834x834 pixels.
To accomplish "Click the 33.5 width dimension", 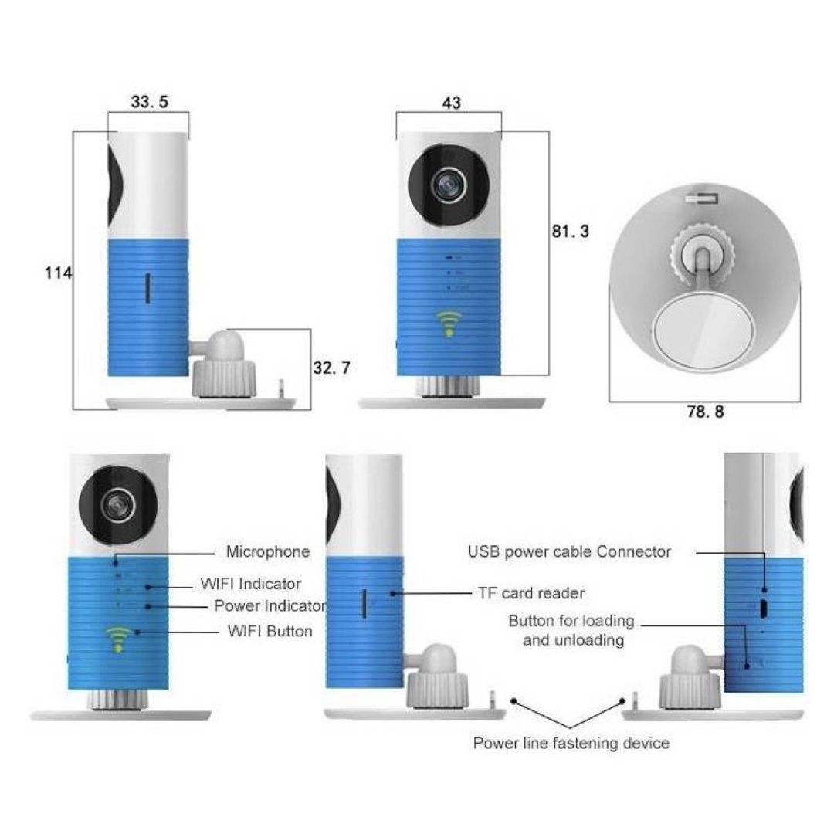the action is click(x=150, y=101).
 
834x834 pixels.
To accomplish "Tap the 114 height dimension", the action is click(x=58, y=273).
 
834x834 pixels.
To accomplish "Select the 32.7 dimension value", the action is click(x=331, y=368).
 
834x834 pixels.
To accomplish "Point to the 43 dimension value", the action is click(x=451, y=103).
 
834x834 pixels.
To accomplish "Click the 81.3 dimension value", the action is click(x=570, y=231).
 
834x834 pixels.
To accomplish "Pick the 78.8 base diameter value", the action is click(x=705, y=411).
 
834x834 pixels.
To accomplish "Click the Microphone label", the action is click(x=267, y=551).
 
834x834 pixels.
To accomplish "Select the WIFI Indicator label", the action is click(x=250, y=584).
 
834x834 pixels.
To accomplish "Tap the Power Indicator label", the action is click(x=270, y=605).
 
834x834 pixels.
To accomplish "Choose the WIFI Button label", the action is click(x=270, y=631).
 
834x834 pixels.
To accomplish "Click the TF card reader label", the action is click(x=531, y=592).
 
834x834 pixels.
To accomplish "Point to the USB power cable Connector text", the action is click(x=569, y=551).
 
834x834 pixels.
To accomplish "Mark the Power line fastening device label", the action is click(x=571, y=743).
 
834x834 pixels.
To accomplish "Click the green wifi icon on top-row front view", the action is click(x=449, y=324).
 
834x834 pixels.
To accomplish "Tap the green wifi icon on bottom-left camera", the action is click(x=118, y=639).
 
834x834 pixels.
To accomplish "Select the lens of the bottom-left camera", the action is click(x=117, y=505).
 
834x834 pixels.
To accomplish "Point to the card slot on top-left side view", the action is click(x=147, y=289).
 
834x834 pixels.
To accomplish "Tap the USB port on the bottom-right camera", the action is click(x=764, y=608).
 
